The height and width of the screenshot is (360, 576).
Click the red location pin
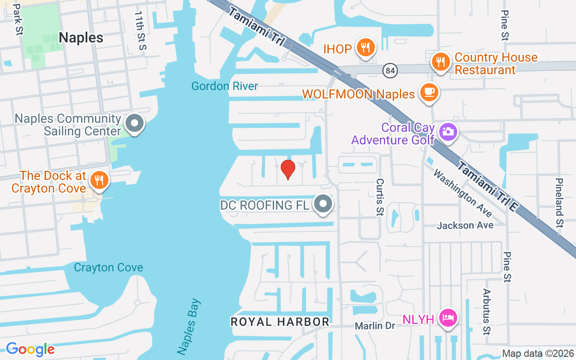288,169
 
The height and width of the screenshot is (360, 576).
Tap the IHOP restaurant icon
365,47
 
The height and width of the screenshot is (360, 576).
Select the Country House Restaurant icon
441,62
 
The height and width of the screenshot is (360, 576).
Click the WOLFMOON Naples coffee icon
429,92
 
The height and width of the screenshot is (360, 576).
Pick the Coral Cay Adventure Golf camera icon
448,131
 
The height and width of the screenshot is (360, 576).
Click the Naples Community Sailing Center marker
134,123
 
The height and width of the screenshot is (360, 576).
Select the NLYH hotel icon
448,318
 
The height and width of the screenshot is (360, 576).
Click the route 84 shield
390,70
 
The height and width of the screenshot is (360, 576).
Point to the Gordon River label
225,86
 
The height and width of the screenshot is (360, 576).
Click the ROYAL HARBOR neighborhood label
280,322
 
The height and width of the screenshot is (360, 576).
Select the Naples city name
81,38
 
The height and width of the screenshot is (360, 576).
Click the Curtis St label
379,197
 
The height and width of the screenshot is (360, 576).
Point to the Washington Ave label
462,193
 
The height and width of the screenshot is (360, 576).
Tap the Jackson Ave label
465,225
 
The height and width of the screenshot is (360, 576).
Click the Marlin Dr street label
374,325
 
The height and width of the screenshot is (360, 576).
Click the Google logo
30,349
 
